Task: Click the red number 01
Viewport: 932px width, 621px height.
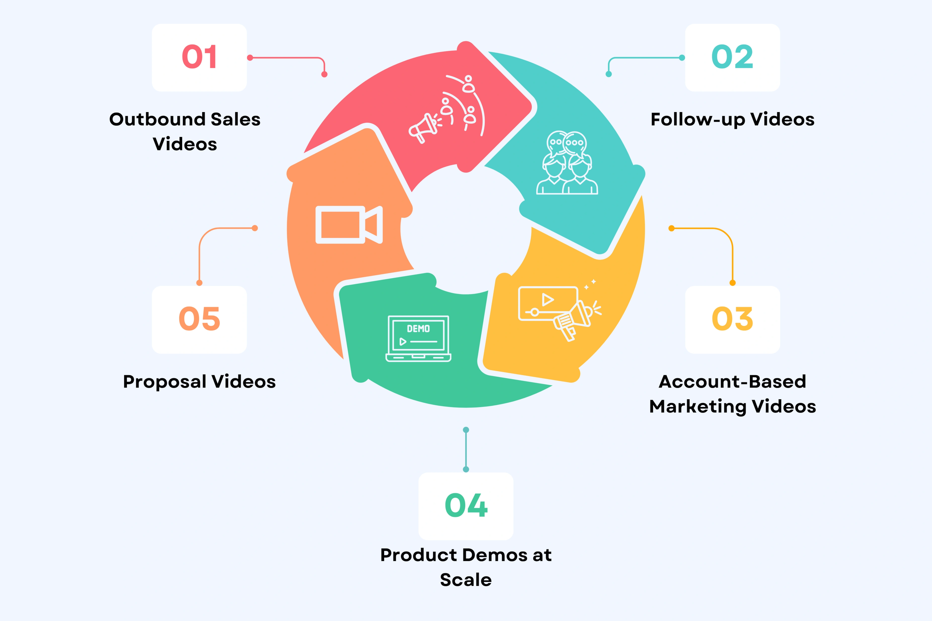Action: click(199, 57)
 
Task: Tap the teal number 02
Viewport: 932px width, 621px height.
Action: click(732, 57)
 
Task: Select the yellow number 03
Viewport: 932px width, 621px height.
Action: click(732, 319)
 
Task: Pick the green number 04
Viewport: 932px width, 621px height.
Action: click(466, 506)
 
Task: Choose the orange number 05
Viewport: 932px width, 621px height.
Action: click(199, 319)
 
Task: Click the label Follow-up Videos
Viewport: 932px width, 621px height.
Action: click(732, 119)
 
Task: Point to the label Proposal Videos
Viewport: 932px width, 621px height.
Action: click(199, 382)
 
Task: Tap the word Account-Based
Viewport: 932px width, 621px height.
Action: click(732, 382)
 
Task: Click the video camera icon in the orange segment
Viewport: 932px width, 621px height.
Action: click(349, 225)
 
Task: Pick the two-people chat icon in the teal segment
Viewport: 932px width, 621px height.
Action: click(567, 163)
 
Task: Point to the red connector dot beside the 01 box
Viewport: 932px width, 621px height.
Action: click(250, 58)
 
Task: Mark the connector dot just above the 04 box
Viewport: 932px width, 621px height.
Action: click(466, 469)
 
